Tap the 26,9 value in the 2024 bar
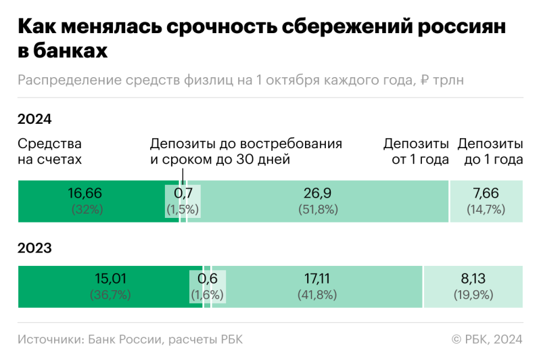[x=317, y=194]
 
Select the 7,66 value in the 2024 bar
[x=486, y=194]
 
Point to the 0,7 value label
[x=183, y=194]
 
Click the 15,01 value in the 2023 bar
[x=110, y=278]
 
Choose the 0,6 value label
[x=207, y=278]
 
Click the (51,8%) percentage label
[x=317, y=210]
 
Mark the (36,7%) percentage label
[x=110, y=295]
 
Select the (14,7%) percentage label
[x=486, y=210]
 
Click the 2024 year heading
[x=34, y=120]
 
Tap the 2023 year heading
[x=34, y=248]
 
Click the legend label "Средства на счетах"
[x=49, y=152]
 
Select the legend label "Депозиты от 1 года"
[x=416, y=152]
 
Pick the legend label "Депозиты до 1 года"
[x=490, y=152]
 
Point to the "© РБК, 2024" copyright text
[x=486, y=339]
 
